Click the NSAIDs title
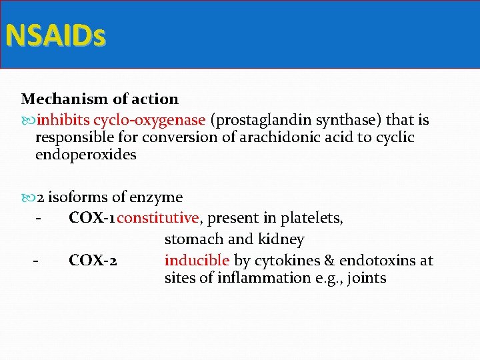(55, 35)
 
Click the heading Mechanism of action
(100, 99)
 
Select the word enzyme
(156, 197)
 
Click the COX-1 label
(92, 218)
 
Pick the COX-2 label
(94, 260)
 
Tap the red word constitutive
(158, 218)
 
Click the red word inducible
(197, 260)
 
